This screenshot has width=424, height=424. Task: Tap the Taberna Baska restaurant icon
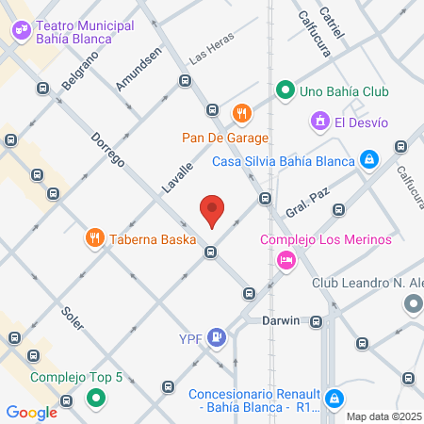(x=93, y=238)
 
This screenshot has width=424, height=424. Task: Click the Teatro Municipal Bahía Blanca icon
(x=20, y=31)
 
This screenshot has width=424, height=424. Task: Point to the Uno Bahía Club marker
(x=284, y=91)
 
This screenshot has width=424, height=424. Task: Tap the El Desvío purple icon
(x=319, y=122)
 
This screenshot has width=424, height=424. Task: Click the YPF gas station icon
(x=218, y=335)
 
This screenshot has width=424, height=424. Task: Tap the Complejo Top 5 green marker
(x=94, y=399)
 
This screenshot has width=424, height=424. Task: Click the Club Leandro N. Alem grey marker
(x=413, y=304)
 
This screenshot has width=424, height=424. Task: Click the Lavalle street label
(x=176, y=176)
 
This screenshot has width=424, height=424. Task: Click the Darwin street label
(x=281, y=320)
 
